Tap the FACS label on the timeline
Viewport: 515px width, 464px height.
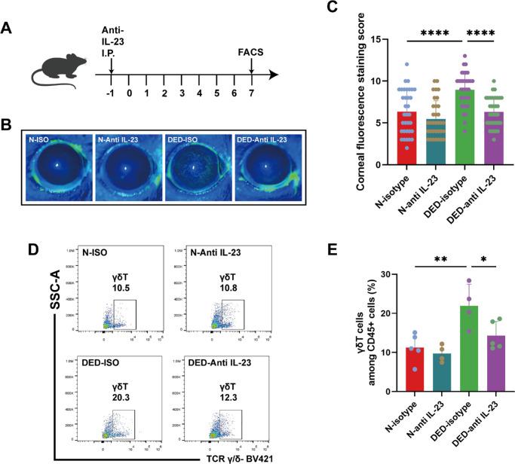coord(252,53)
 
